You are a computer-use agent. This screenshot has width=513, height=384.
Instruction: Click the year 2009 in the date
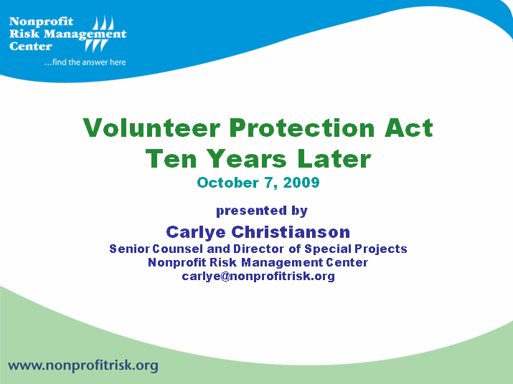(301, 183)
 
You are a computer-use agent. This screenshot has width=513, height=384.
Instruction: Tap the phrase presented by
(262, 211)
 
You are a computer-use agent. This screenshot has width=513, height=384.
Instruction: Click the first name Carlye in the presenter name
(196, 231)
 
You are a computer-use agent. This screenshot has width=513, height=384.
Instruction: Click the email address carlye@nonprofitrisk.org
(258, 276)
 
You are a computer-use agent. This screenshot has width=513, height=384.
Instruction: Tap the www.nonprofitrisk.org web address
(83, 365)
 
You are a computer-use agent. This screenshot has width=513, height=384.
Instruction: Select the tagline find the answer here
(85, 62)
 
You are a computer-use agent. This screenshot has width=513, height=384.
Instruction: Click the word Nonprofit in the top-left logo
(41, 21)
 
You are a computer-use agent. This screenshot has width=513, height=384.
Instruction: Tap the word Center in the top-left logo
(31, 46)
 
